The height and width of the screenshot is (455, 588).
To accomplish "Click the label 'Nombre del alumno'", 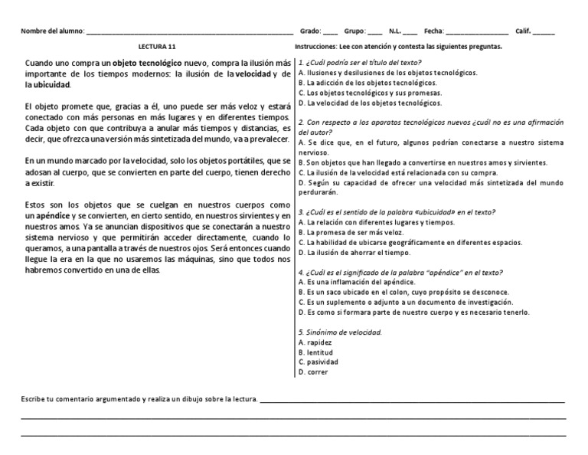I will pos(53,31).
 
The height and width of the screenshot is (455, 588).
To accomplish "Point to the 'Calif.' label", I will pos(523,31).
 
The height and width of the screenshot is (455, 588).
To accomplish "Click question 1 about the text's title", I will pos(360,62).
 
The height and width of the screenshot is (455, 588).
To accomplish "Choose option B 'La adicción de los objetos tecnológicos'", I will pos(367,82).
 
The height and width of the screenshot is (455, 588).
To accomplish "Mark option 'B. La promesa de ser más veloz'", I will pos(353,232).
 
